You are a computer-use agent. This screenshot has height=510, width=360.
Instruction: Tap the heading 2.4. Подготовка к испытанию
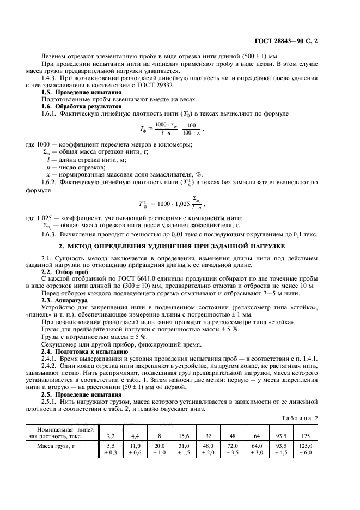click(x=84, y=351)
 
